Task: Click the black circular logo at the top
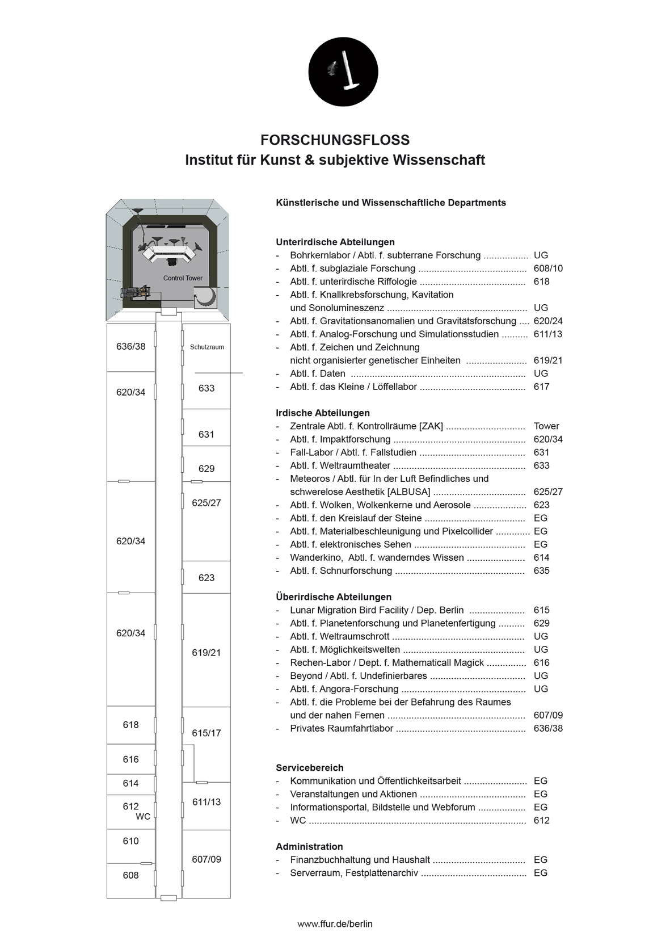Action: [x=343, y=72]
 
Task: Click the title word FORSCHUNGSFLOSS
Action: [x=335, y=140]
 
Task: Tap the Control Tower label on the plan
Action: [x=183, y=278]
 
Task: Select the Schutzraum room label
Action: [x=207, y=347]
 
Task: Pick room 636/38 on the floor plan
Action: [x=130, y=346]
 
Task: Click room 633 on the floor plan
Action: [x=207, y=388]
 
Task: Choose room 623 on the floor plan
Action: [x=207, y=578]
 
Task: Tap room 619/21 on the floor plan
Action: [x=207, y=653]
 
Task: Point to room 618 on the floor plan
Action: [x=130, y=725]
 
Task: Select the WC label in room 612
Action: [x=143, y=817]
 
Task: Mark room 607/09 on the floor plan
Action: [x=207, y=859]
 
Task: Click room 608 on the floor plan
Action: [x=130, y=875]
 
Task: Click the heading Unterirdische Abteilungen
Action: [x=335, y=242]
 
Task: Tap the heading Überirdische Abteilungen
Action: [x=334, y=597]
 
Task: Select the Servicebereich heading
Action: [x=310, y=768]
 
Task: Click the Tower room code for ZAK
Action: [x=546, y=426]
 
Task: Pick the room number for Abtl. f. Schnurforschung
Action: [x=541, y=571]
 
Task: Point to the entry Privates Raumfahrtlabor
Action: [x=342, y=728]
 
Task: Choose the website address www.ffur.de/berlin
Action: [x=335, y=924]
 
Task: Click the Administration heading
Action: [x=309, y=847]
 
